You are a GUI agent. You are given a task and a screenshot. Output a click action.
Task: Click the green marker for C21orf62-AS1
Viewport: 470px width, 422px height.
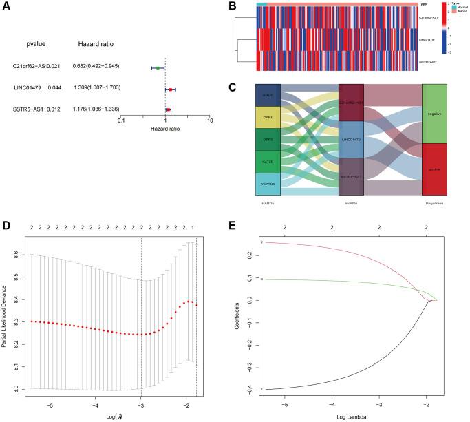(x=158, y=67)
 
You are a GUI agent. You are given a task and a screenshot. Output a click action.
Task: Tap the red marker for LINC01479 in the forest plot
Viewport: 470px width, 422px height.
(x=171, y=89)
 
